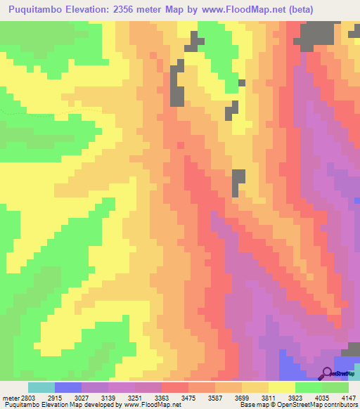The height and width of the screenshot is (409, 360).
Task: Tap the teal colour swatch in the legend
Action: click(41, 387)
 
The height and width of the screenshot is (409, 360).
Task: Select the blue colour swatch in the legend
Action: click(68, 387)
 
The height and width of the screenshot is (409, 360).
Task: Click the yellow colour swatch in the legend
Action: click(282, 387)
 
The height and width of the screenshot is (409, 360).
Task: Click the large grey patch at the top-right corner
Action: click(317, 33)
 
